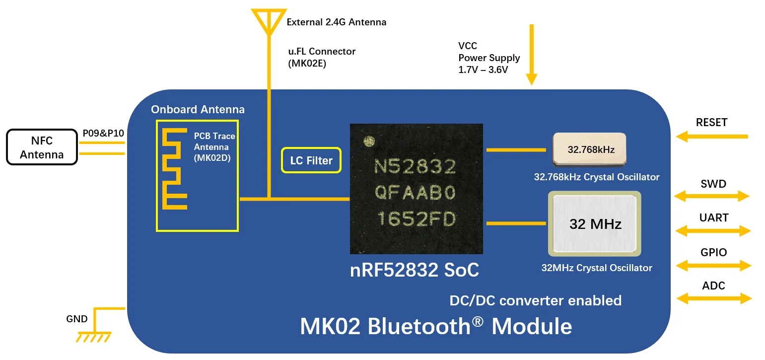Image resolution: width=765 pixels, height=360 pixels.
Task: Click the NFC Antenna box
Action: [x=42, y=147]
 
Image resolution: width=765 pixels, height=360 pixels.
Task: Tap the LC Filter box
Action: [x=311, y=160]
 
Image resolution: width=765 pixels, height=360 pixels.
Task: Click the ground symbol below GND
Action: [x=93, y=337]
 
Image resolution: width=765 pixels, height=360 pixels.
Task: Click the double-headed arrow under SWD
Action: [x=712, y=196]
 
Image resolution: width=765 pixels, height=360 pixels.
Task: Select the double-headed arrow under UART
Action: [x=713, y=230]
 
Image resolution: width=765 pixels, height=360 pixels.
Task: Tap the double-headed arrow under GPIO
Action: [x=713, y=266]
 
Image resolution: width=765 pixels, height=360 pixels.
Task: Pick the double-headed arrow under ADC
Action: [x=713, y=298]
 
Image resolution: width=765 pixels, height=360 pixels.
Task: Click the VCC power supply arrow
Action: [x=532, y=55]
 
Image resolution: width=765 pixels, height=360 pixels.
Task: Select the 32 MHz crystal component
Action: [x=595, y=224]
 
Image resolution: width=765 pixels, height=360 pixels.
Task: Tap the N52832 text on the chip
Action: [x=416, y=165]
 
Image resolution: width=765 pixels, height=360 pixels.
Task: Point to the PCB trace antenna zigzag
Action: [x=174, y=169]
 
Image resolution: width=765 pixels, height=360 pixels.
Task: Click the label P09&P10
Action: [x=103, y=133]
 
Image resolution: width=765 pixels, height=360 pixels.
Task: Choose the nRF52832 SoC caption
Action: [x=415, y=270]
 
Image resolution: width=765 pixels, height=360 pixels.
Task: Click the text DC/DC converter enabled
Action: [x=535, y=300]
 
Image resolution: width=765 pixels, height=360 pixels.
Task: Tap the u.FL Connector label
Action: [x=322, y=52]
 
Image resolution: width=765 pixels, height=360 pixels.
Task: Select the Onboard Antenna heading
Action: [x=198, y=109]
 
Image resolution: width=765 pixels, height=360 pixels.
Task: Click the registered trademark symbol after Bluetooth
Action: [x=477, y=321]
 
